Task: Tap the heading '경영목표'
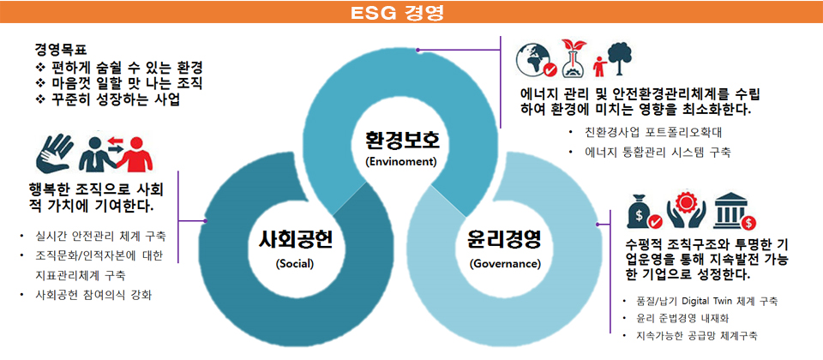coord(60,50)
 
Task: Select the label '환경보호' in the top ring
coord(400,141)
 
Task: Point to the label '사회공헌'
coord(294,242)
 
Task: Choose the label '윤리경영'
coord(503,240)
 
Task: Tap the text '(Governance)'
coord(504,263)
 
